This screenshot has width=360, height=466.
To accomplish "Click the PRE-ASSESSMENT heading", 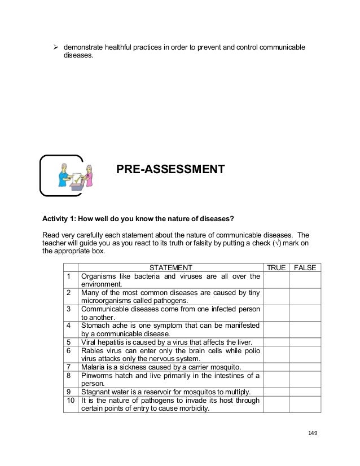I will (170, 169).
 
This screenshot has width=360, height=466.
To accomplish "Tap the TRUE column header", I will (275, 267).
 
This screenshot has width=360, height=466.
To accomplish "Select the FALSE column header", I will (305, 267).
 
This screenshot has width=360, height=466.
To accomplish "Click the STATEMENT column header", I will (170, 267).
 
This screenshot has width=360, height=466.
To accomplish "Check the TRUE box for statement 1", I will (275, 280).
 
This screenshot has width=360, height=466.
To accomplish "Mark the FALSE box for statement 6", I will (305, 353).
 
